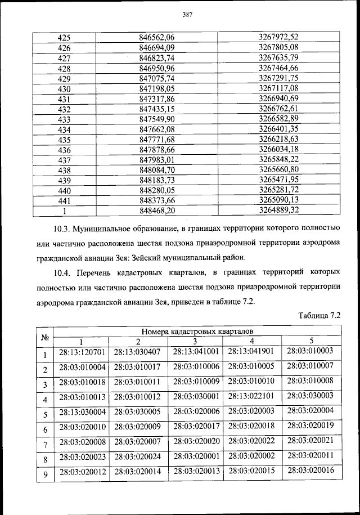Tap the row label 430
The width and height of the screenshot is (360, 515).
(64, 88)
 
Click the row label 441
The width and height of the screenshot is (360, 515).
(64, 200)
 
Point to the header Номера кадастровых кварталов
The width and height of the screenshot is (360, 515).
(197, 332)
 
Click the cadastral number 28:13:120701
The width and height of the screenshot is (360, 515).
(82, 352)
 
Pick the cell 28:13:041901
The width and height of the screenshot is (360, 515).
(251, 352)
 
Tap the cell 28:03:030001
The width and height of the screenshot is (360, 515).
(196, 398)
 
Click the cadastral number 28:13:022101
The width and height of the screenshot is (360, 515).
(251, 398)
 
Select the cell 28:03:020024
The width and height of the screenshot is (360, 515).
(137, 456)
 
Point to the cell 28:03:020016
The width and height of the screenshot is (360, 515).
(310, 470)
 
